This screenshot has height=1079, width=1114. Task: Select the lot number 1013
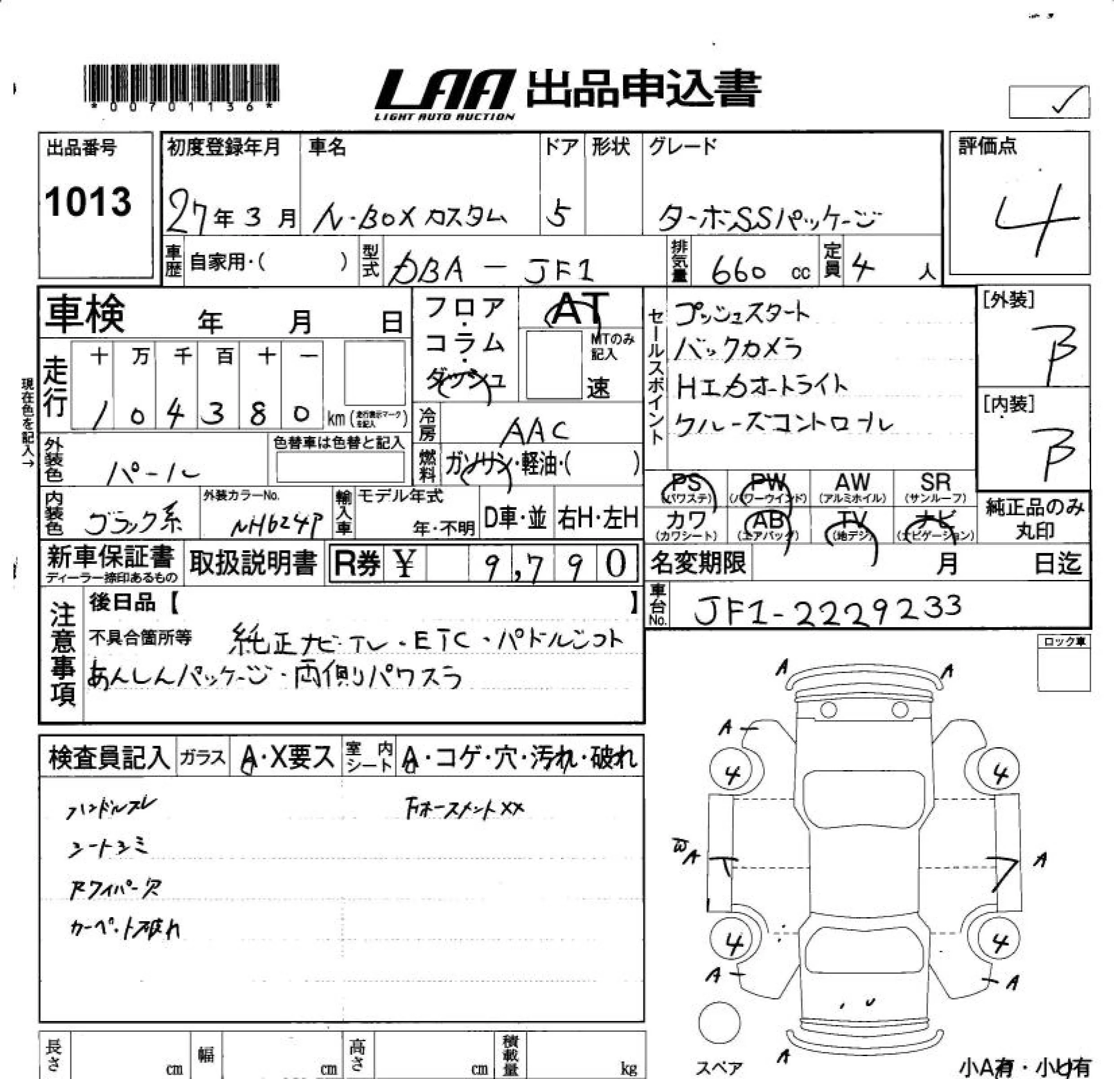tap(88, 202)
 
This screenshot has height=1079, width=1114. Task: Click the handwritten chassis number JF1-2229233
tap(827, 609)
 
